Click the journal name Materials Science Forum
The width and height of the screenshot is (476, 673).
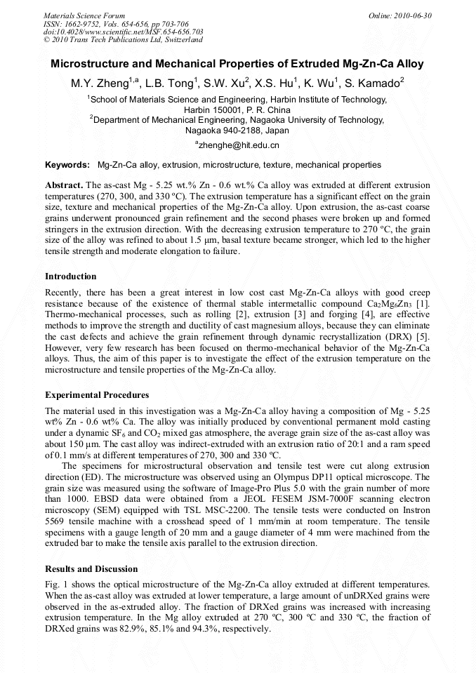[x=84, y=15]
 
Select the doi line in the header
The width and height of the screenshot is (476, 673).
[x=124, y=32]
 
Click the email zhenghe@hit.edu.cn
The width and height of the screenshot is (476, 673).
[x=238, y=145]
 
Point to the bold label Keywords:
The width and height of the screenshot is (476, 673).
[x=67, y=165]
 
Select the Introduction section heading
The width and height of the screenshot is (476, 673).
[x=70, y=276]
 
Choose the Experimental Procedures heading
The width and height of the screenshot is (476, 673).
[x=97, y=395]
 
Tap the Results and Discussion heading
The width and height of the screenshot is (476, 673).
[x=91, y=569]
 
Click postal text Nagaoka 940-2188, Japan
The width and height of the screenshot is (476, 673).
[x=237, y=130]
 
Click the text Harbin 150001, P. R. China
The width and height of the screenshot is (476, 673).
[x=237, y=110]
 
